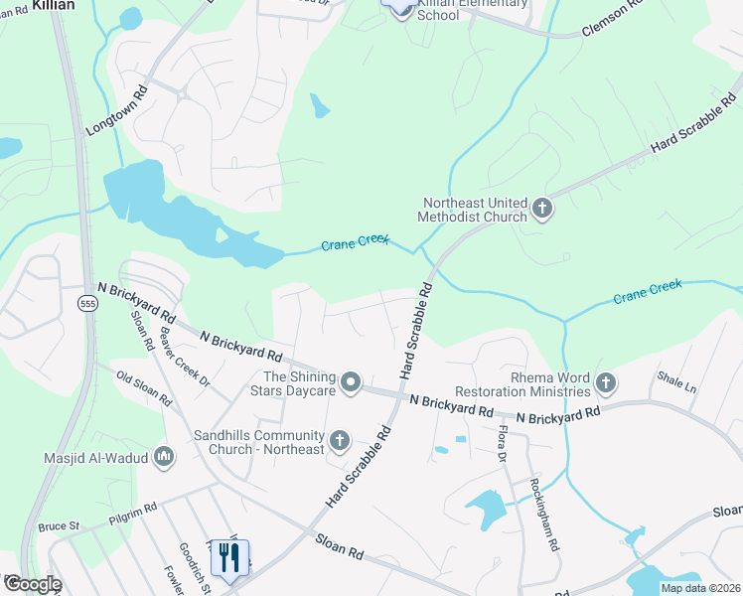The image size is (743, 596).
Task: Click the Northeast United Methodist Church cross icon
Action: (542, 209)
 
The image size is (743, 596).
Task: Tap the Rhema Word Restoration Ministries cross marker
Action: (605, 382)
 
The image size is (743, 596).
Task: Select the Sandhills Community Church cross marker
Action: (339, 440)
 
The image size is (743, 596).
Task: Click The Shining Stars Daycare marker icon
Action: (350, 382)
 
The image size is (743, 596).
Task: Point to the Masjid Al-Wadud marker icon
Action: (164, 458)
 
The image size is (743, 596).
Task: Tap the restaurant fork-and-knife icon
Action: (230, 558)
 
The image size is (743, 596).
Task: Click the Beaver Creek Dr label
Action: (187, 362)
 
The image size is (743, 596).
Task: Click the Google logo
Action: (32, 584)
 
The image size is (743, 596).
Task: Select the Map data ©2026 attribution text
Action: (699, 588)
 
